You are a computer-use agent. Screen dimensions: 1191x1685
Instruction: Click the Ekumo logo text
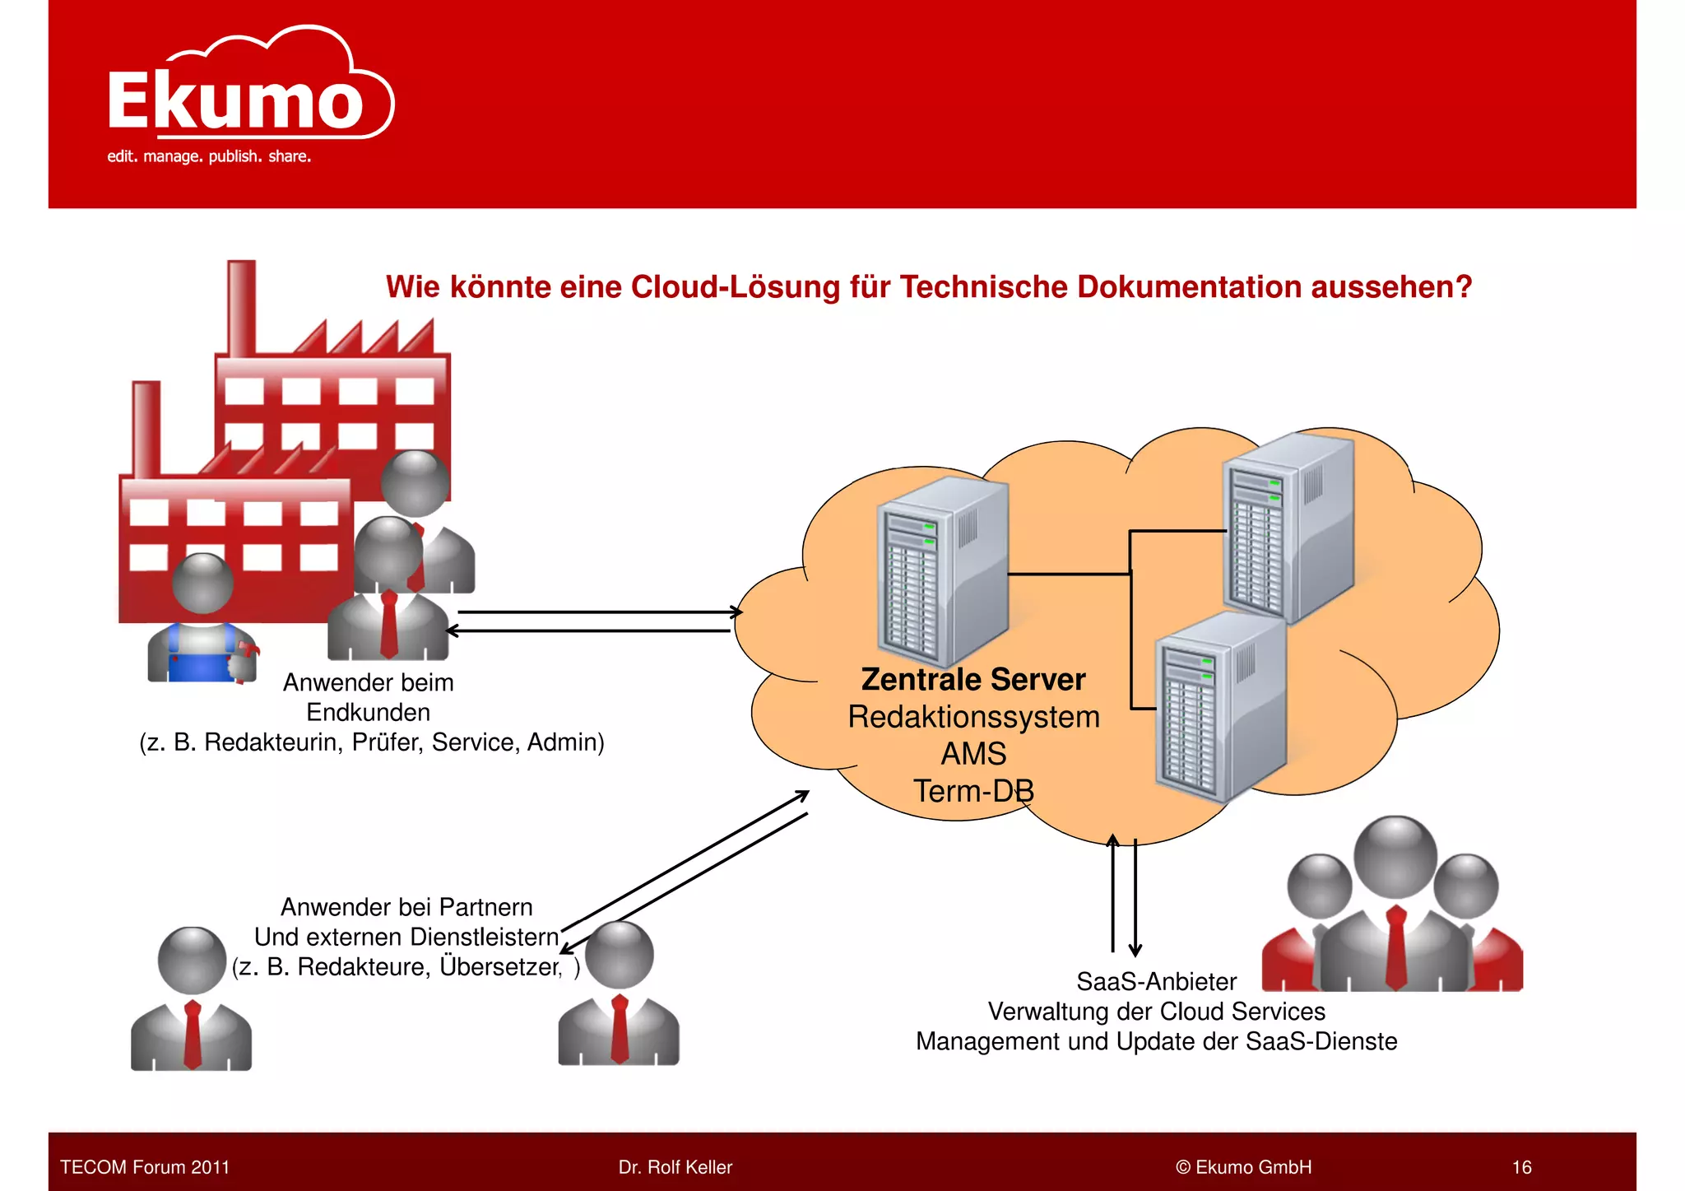pos(235,102)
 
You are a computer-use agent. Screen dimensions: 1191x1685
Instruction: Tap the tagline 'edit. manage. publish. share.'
pos(209,156)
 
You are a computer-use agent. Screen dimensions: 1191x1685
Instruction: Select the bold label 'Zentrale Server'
pos(972,680)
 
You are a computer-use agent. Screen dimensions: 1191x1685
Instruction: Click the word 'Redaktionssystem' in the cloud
pos(973,717)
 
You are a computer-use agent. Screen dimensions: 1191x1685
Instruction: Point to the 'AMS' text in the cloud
pos(973,754)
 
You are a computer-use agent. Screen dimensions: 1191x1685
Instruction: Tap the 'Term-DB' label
pos(973,791)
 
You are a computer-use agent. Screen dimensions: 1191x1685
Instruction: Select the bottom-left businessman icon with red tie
pos(192,1000)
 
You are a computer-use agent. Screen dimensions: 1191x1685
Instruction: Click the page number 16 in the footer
pos(1521,1167)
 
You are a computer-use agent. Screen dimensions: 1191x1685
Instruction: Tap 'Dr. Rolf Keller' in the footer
pos(675,1167)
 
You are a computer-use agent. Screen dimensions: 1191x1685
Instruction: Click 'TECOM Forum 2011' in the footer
pos(145,1167)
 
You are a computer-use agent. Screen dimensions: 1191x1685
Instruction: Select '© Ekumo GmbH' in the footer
pos(1243,1167)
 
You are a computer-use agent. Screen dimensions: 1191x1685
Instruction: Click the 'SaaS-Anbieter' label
pos(1156,982)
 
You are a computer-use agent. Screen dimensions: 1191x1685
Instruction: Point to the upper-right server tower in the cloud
pos(1288,527)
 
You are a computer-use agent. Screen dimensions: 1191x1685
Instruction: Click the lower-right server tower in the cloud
pos(1220,708)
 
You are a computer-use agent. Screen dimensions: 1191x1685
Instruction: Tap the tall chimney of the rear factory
pos(241,309)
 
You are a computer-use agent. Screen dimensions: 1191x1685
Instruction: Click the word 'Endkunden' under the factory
pos(368,712)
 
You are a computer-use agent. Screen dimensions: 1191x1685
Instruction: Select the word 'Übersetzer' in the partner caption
pos(499,966)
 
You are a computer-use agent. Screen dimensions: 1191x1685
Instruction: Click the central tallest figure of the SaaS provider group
pos(1395,905)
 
